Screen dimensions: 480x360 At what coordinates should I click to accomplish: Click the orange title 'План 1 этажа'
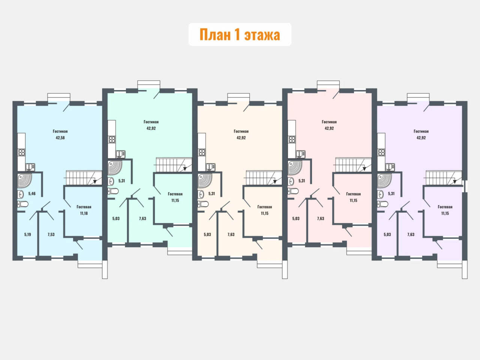tap(240, 34)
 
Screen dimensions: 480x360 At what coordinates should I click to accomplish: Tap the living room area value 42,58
tap(60, 138)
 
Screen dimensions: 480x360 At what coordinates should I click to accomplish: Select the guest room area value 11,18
tap(84, 213)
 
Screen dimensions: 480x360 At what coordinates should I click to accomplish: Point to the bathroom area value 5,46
tap(32, 193)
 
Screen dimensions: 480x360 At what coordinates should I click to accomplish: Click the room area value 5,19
tap(27, 234)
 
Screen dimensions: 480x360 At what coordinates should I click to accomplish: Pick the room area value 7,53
tap(51, 234)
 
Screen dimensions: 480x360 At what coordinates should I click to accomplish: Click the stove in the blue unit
tap(21, 152)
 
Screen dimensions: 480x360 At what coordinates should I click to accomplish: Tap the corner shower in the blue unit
tap(24, 180)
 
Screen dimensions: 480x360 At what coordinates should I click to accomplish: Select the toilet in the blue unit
tap(23, 204)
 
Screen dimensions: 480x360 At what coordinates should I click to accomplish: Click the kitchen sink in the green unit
tap(120, 154)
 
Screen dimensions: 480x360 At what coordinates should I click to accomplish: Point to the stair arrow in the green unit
tap(185, 168)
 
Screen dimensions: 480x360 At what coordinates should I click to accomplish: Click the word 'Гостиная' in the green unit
tap(151, 122)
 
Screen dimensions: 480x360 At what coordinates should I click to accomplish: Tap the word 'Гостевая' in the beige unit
tap(265, 207)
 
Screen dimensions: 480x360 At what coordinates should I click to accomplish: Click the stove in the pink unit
tap(292, 139)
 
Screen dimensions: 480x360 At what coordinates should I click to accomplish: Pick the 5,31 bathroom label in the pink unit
tap(302, 181)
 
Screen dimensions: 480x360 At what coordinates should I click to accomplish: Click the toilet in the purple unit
tap(383, 204)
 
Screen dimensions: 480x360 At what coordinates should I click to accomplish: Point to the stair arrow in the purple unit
tap(454, 181)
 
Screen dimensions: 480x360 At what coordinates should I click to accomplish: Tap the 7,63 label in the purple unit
tap(411, 234)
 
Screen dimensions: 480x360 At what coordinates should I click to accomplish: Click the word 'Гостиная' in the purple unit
tap(421, 131)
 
